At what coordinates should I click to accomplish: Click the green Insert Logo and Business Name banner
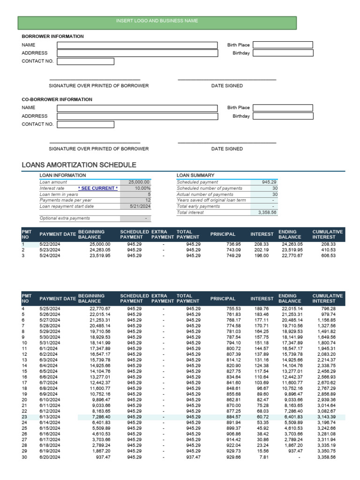click(157, 21)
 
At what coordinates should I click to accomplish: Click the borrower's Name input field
click(137, 45)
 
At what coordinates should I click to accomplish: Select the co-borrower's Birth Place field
click(283, 108)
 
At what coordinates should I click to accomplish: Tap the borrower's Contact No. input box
click(85, 61)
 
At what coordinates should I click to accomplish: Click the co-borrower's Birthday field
click(283, 116)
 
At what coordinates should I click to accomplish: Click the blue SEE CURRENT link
click(97, 188)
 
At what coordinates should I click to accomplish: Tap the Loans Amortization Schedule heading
click(79, 165)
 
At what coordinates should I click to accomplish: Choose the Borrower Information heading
click(52, 36)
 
